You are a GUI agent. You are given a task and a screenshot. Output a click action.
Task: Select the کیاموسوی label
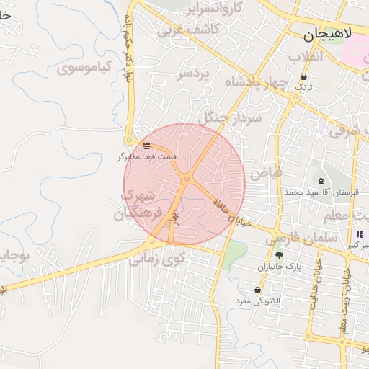(x=85, y=68)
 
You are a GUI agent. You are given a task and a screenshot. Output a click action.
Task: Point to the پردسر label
(x=195, y=74)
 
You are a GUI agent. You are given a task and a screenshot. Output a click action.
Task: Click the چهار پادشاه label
(x=257, y=82)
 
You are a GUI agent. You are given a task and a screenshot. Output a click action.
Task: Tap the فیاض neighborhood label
(x=265, y=174)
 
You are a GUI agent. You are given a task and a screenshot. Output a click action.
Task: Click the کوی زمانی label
(x=158, y=257)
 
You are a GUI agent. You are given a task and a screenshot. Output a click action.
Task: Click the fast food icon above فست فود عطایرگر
(x=147, y=145)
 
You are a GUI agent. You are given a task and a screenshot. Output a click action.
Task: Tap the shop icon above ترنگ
(x=304, y=76)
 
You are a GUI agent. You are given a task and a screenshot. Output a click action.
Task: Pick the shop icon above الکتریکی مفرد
(x=257, y=289)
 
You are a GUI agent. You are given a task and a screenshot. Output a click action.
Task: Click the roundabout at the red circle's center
(x=187, y=179)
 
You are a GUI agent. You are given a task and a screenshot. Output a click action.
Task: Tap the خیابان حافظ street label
(x=230, y=210)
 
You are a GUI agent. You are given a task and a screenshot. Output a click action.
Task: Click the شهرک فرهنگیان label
(x=138, y=205)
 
